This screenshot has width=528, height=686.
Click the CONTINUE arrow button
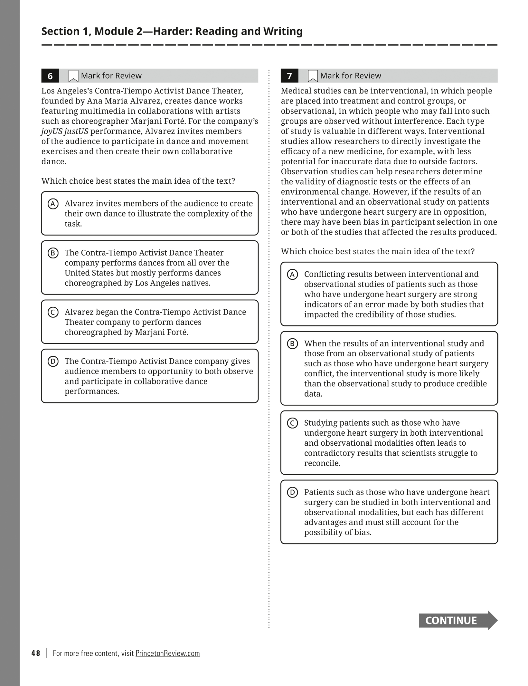click(457, 620)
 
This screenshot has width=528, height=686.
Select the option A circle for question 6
click(53, 204)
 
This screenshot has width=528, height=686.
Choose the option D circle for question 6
click(53, 362)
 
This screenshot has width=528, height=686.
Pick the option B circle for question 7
click(292, 344)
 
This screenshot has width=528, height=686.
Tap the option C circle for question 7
click(292, 423)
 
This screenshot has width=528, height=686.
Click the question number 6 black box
click(50, 76)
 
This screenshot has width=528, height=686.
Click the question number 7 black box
click(289, 76)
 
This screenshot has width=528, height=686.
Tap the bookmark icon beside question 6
click(73, 76)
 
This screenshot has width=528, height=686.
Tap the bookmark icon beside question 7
click(313, 76)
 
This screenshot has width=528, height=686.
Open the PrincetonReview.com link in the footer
click(167, 653)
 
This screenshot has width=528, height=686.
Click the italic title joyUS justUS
click(65, 131)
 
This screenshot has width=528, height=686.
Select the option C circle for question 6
click(53, 312)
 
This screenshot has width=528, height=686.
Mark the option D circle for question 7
click(292, 492)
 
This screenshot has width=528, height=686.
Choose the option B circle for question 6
click(53, 253)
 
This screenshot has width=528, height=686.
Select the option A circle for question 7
click(292, 275)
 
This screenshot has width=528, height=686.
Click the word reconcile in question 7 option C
click(321, 463)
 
